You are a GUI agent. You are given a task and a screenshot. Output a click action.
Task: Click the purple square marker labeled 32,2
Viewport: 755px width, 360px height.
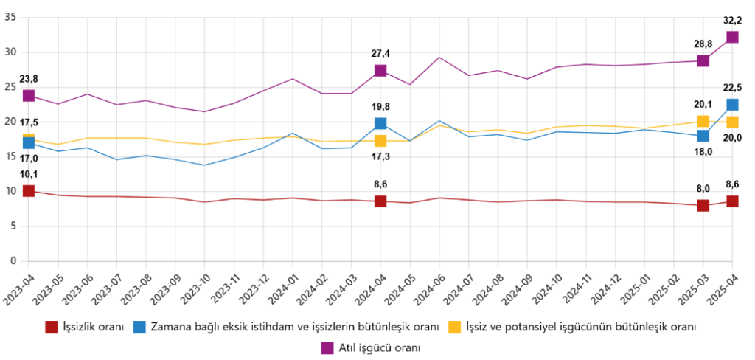tap(732, 37)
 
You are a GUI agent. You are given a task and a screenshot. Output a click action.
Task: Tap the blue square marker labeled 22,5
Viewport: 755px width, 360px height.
tap(732, 105)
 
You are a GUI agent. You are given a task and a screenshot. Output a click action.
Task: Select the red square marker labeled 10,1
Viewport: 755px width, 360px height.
tap(29, 191)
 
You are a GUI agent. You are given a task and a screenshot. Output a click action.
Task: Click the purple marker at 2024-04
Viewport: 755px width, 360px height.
tap(380, 71)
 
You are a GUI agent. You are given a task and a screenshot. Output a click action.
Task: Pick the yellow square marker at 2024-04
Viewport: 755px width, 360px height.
tap(380, 140)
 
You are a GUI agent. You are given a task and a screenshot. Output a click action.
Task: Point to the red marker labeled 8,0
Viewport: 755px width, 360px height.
tap(703, 205)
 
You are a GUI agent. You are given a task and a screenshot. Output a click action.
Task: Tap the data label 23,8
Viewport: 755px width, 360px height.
tap(29, 79)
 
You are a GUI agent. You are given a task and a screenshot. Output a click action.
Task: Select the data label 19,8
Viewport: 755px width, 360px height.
tap(380, 106)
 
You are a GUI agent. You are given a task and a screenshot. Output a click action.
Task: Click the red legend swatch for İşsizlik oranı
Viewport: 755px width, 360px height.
tap(52, 326)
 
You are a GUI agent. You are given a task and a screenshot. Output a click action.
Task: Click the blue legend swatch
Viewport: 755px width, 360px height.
tap(139, 326)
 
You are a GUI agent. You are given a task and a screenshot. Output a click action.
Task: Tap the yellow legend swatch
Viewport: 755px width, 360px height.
tap(456, 326)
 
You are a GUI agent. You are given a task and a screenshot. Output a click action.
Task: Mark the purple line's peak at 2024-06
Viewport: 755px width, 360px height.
tap(439, 58)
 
